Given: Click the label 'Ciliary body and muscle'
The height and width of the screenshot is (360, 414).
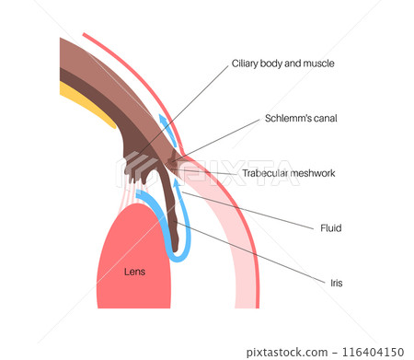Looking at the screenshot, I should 282,64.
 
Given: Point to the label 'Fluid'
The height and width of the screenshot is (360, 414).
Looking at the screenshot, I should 331,226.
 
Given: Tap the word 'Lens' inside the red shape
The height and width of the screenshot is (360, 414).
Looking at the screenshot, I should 135,272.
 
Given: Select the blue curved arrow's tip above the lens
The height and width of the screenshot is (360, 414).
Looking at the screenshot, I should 139,194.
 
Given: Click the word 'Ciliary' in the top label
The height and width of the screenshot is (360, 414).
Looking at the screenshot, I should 246,64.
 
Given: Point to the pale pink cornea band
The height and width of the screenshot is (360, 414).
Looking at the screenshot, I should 225,230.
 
